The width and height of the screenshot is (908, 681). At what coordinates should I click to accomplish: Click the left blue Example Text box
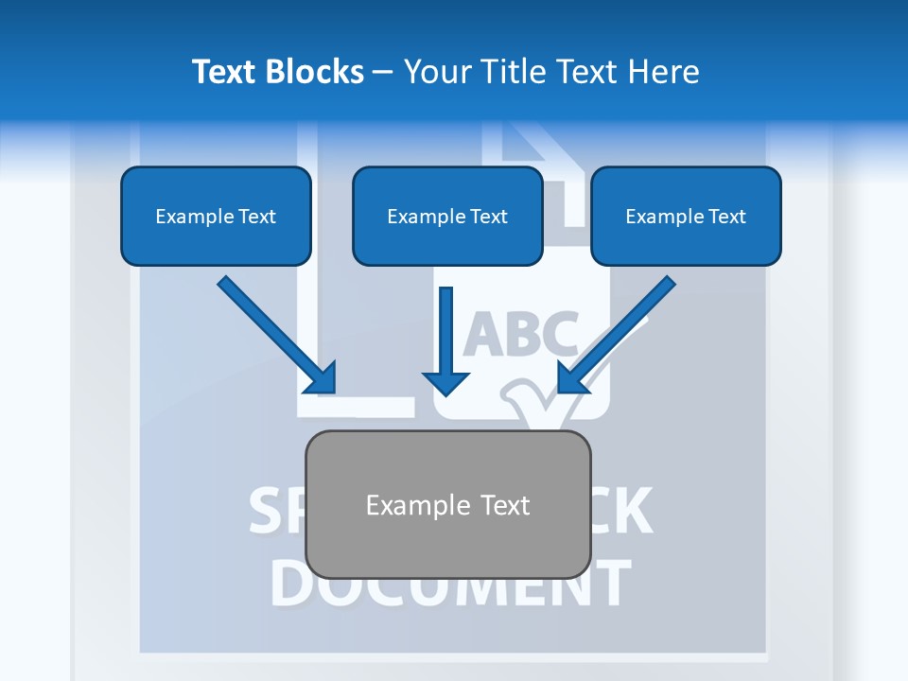pos(216,217)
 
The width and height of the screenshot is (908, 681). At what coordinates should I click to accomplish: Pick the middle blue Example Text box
pos(447,217)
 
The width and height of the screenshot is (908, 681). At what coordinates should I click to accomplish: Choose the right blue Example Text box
pos(686,217)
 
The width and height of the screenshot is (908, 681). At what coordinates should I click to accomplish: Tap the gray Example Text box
pos(447,505)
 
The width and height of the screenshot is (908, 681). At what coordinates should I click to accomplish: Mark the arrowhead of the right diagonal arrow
pos(571,379)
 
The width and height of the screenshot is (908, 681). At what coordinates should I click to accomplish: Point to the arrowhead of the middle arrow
pos(446,382)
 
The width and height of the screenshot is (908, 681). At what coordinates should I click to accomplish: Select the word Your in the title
pos(436,72)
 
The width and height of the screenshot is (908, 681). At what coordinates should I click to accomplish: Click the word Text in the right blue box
pos(727,217)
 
